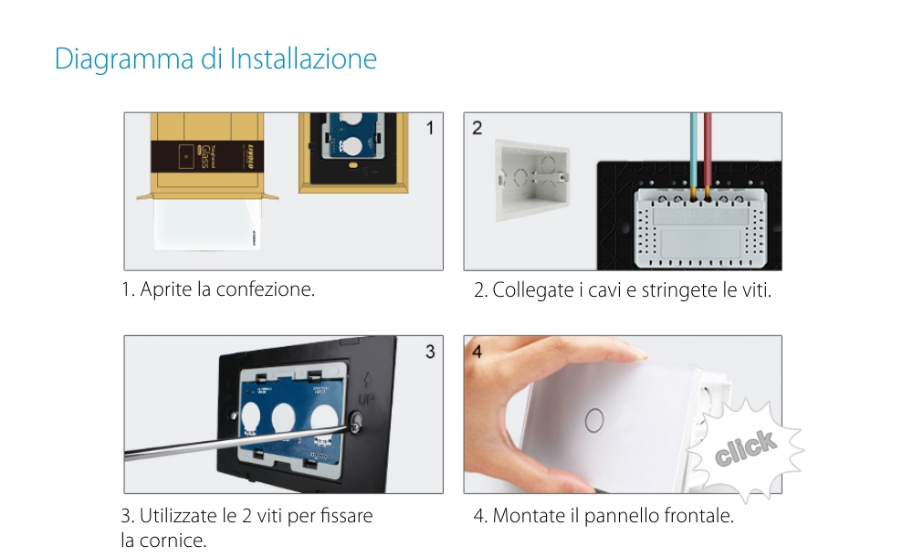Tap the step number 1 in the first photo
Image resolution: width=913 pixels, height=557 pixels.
pyautogui.click(x=430, y=128)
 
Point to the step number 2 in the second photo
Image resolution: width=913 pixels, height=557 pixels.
pyautogui.click(x=477, y=128)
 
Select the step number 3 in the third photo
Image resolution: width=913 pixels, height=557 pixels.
pyautogui.click(x=430, y=352)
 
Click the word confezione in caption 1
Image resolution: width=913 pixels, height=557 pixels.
pyautogui.click(x=272, y=289)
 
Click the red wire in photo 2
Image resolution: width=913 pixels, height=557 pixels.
pyautogui.click(x=706, y=151)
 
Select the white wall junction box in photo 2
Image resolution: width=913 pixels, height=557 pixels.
pyautogui.click(x=532, y=178)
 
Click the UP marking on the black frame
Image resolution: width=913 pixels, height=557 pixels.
pyautogui.click(x=367, y=400)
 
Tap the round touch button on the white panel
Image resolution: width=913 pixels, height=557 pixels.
pyautogui.click(x=594, y=419)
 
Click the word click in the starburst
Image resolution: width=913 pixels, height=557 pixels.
pyautogui.click(x=746, y=447)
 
